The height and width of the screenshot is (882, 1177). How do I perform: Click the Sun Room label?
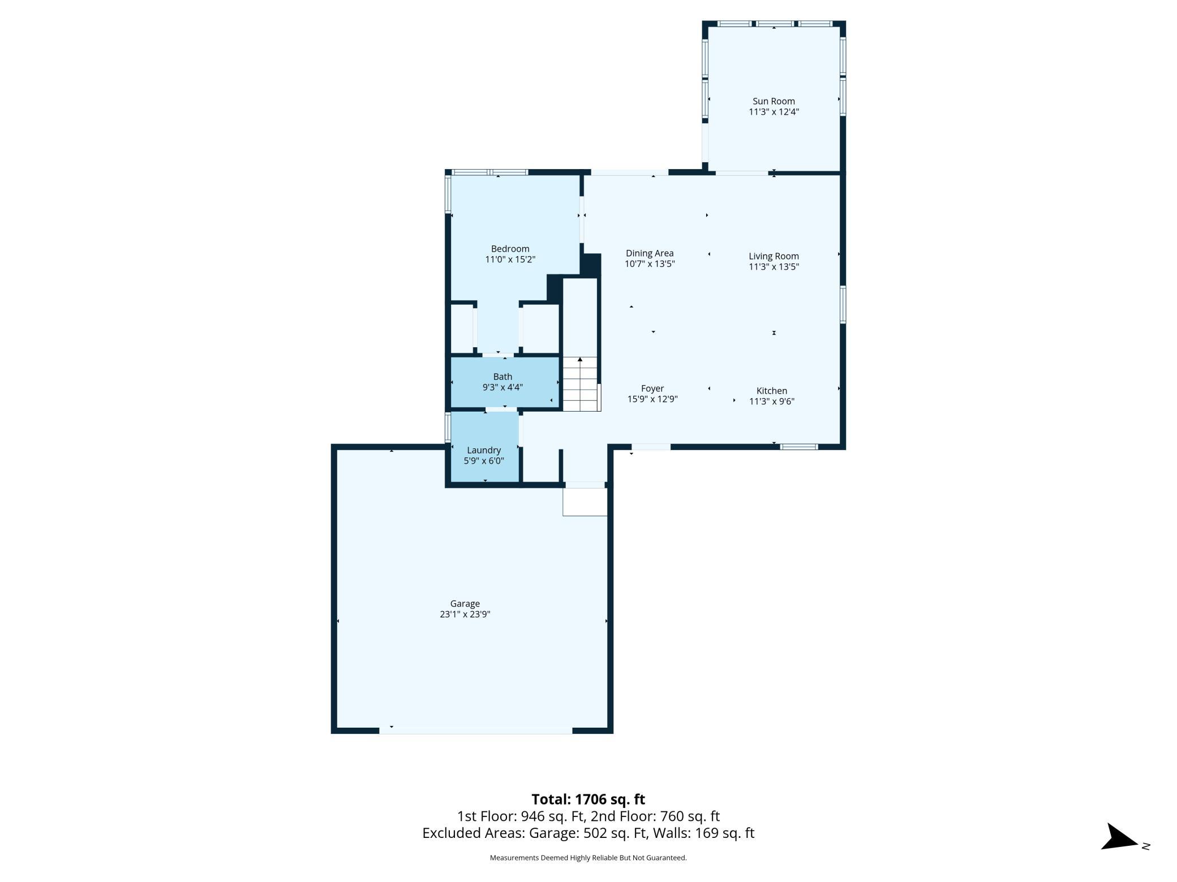point(774,102)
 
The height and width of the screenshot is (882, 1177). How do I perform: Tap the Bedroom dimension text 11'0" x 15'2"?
point(510,260)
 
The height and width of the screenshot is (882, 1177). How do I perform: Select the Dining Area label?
point(650,253)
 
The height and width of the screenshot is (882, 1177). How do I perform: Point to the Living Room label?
point(774,256)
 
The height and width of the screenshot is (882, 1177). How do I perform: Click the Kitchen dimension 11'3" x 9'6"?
point(772,401)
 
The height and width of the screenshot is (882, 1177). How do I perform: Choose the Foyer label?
point(652,388)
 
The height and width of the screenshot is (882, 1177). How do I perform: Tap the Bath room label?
point(502,377)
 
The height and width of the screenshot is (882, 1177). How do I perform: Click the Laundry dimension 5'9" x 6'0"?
point(484,461)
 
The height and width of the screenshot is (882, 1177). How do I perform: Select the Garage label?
point(465,604)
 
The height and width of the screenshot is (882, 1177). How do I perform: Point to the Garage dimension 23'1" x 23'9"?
point(465,615)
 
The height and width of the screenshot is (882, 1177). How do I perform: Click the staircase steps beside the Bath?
point(580,384)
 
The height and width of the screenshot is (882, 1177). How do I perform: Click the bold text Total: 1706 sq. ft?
point(588,799)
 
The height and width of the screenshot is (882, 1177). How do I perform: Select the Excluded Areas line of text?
point(588,833)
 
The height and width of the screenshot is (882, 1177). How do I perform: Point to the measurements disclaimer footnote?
point(588,858)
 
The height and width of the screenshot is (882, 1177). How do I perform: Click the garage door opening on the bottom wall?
point(476,730)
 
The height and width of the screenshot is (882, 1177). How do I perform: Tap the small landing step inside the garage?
point(585,502)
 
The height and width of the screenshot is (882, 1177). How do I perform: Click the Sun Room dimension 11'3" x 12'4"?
point(774,112)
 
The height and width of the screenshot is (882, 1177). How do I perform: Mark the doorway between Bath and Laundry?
point(501,409)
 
